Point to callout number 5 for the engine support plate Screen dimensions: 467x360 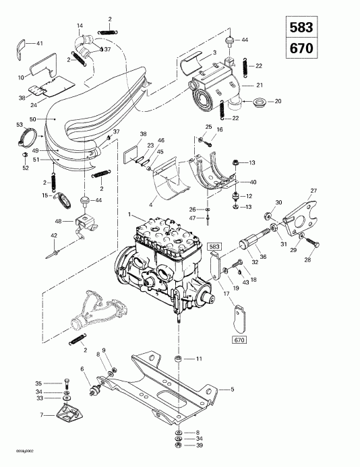point(233,390)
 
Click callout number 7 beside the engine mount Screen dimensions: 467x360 point(42,416)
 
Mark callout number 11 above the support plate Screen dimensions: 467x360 point(199,359)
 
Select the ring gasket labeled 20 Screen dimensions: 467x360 point(257,104)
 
